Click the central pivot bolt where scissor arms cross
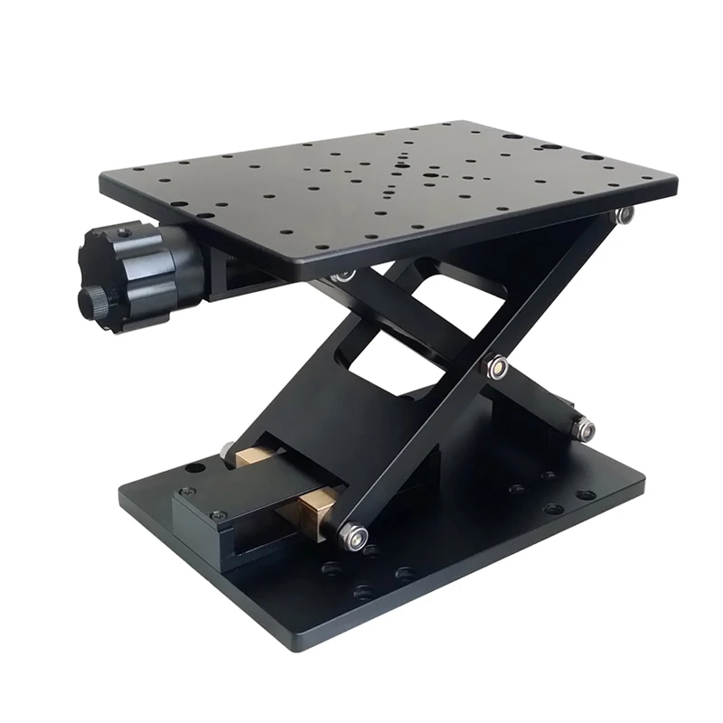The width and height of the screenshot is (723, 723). pos(495,366)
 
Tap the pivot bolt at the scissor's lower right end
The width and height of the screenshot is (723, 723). pos(583,428)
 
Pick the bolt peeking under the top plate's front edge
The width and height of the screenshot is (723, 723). pos(343,276)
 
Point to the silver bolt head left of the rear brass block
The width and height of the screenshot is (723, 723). pos(225,447)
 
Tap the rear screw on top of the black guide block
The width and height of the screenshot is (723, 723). pos(187,492)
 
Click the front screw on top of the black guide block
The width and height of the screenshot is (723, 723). pos(217,515)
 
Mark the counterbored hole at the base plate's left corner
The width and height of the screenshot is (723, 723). pos(193,468)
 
